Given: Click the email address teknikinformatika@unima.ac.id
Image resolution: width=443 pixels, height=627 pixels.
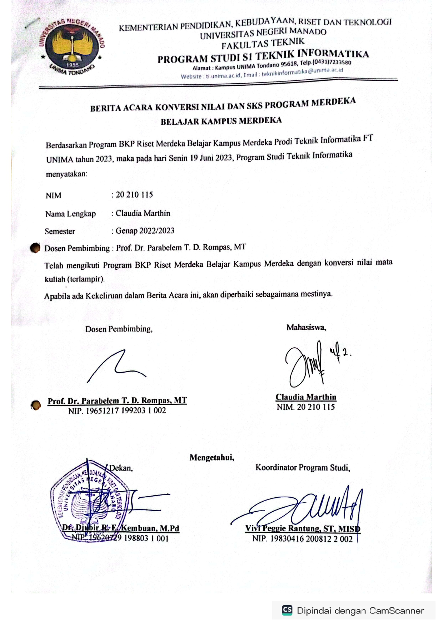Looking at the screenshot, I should click(302, 72).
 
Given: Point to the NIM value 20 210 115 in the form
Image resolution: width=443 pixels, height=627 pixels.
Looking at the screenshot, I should click(134, 195).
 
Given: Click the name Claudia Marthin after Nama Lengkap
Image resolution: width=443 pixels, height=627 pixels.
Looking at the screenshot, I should click(143, 213).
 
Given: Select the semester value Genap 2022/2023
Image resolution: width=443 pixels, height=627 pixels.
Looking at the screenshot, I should click(145, 231).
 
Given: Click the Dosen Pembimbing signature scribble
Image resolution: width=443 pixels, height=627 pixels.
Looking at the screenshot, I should click(116, 366).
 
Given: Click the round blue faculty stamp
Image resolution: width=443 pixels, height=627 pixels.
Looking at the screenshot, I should click(88, 500).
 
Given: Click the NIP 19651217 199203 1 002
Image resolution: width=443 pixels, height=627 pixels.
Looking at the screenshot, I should click(117, 410).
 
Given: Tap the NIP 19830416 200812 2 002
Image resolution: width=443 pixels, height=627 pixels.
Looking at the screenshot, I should click(302, 539).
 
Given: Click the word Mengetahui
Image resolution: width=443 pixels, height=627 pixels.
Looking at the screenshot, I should click(212, 458).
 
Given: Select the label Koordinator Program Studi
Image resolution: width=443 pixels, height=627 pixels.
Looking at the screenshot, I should click(303, 468).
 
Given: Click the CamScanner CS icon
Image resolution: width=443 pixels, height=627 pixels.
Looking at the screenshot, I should click(287, 610).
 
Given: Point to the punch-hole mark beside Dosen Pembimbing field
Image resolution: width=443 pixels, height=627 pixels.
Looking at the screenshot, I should click(35, 248).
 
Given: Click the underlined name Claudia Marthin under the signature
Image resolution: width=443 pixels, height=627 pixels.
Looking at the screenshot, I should click(306, 397).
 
